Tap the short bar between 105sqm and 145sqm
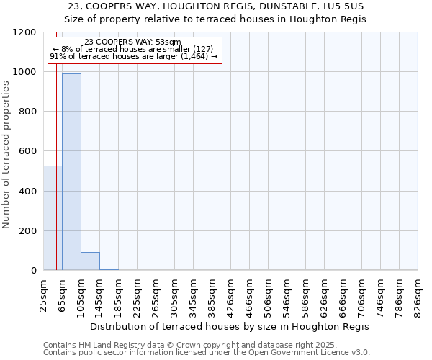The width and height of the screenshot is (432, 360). (x=90, y=261)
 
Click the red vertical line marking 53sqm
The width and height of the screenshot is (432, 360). (x=56, y=180)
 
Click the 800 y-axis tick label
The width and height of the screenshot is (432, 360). (x=27, y=112)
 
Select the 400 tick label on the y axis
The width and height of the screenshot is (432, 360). (x=27, y=192)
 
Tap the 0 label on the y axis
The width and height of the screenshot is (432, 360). (x=33, y=271)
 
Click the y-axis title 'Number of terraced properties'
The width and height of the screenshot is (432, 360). (x=6, y=155)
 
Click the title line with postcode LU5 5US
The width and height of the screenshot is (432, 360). (x=216, y=6)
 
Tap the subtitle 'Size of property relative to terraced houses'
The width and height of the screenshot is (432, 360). (x=216, y=19)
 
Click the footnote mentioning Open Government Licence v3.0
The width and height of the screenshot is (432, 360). (x=207, y=353)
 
